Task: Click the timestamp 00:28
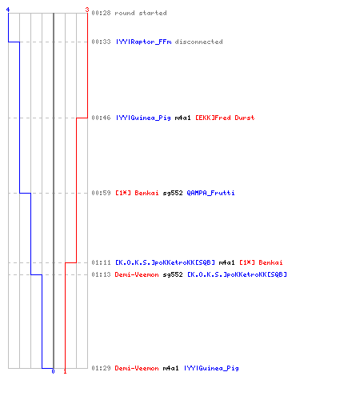[101, 13]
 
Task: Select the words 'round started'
[141, 13]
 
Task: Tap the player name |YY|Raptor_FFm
[143, 42]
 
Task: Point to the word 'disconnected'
[198, 42]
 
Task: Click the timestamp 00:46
[101, 118]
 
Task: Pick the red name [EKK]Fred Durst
[225, 118]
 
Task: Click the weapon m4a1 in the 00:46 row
[182, 118]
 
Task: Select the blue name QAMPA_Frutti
[210, 193]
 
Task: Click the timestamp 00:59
[101, 193]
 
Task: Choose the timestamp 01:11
[101, 262]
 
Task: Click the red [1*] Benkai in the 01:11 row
[261, 262]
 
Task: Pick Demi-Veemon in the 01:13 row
[137, 274]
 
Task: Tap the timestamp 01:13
[101, 274]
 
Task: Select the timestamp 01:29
[101, 368]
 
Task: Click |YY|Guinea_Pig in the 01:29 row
[211, 368]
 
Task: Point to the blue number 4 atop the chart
[8, 10]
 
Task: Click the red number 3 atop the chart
[87, 10]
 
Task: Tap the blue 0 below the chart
[53, 371]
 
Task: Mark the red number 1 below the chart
[65, 371]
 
